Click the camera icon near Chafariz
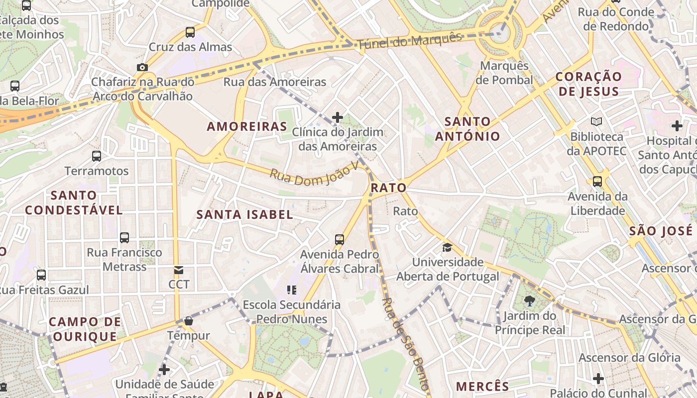tap(142, 67)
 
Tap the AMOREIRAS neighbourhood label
tap(247, 126)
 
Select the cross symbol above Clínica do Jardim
tap(338, 117)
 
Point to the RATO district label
tap(388, 188)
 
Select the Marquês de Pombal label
tap(504, 73)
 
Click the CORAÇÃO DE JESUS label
tap(588, 84)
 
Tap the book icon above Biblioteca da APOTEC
tap(596, 121)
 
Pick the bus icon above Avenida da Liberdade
tap(597, 182)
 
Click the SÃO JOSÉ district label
tap(661, 231)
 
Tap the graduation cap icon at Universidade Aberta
tap(447, 247)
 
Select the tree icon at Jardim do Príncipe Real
tap(529, 300)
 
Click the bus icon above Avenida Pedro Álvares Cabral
tap(340, 239)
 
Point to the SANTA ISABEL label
tap(244, 214)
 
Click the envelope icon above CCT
tap(178, 270)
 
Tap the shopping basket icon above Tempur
tap(188, 321)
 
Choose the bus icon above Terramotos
tap(97, 156)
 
